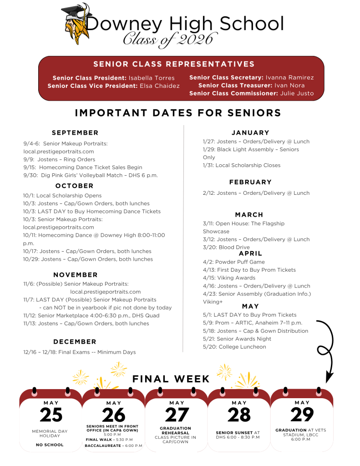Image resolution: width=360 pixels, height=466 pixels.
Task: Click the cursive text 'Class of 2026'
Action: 167,39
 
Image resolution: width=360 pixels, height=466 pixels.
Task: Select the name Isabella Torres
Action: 152,78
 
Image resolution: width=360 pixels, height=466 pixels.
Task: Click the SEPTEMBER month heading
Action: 75,133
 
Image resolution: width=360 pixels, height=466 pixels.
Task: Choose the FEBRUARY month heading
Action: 250,182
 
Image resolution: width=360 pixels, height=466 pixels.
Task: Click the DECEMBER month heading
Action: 75,342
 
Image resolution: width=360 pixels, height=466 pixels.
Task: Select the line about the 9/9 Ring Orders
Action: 59,159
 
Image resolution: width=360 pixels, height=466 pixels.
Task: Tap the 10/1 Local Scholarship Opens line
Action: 62,196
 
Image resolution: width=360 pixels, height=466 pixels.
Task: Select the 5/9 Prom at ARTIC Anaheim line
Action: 252,323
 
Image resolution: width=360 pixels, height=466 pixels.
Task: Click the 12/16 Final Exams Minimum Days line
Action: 79,352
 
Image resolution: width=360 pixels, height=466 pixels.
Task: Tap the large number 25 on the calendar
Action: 51,415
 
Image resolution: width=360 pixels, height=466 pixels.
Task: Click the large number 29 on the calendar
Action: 302,415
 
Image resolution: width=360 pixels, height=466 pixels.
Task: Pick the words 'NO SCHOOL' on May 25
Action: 50,445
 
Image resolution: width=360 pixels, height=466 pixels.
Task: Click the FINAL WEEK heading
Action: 171,379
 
